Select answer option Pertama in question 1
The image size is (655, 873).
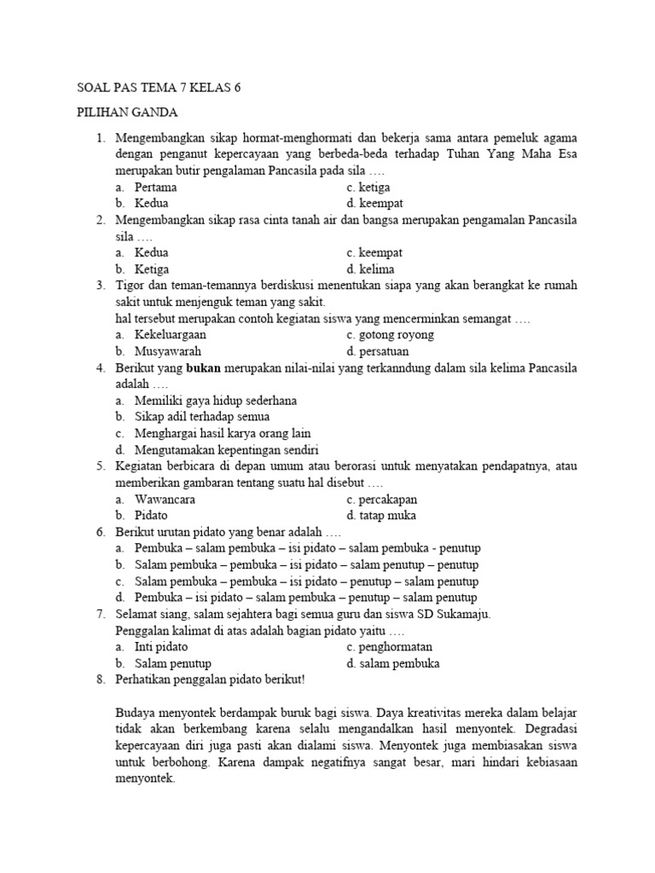(157, 187)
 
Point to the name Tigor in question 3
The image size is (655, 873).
(130, 286)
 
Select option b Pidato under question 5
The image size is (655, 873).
(151, 515)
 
